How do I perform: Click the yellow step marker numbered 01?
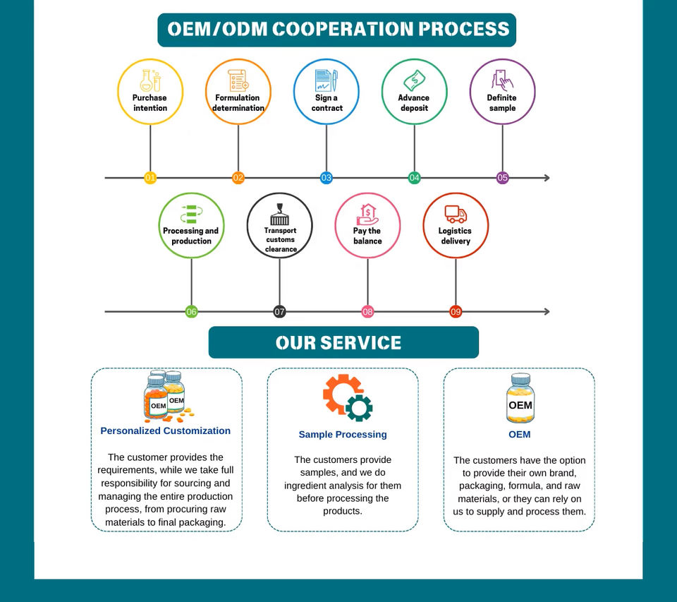pos(150,178)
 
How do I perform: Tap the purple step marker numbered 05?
pos(502,178)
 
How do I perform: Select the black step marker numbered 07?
pos(279,311)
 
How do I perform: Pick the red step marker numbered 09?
pos(456,311)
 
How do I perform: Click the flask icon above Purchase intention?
pos(150,80)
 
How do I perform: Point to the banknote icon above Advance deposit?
pos(414,80)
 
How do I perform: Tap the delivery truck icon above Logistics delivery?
pos(456,214)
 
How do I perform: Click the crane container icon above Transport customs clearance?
pos(279,214)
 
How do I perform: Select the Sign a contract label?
pos(326,103)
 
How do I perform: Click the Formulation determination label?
pos(238,103)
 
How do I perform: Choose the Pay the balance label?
pos(367,236)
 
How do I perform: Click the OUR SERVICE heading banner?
pos(343,343)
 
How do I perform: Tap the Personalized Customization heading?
pos(166,431)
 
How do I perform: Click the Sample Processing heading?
pos(343,434)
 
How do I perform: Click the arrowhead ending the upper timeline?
pos(547,178)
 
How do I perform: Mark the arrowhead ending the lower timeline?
pos(547,311)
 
